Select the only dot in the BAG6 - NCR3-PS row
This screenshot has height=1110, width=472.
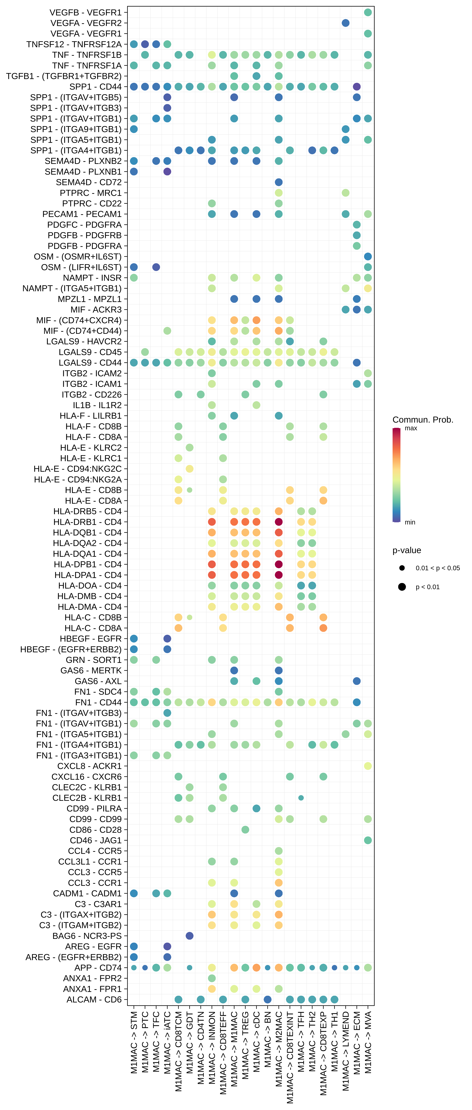point(189,936)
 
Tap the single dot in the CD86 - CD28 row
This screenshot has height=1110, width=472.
point(245,829)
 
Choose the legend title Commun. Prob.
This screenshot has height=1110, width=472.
point(422,420)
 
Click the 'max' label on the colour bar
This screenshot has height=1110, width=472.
point(411,428)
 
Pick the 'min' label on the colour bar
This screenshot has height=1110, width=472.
point(410,522)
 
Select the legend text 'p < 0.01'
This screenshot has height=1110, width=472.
point(427,587)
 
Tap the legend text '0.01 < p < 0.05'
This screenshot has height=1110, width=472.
point(438,568)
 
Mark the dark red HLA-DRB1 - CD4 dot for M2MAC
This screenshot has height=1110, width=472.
point(279,522)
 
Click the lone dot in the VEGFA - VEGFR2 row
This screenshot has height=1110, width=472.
point(345,23)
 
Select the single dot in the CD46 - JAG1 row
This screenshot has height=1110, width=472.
point(368,840)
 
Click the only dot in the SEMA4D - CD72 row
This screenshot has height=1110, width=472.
point(279,182)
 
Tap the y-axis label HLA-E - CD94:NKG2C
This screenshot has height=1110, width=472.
point(78,469)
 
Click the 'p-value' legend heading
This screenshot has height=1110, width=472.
point(407,550)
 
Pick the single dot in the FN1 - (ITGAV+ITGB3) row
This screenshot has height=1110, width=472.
point(168,713)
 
